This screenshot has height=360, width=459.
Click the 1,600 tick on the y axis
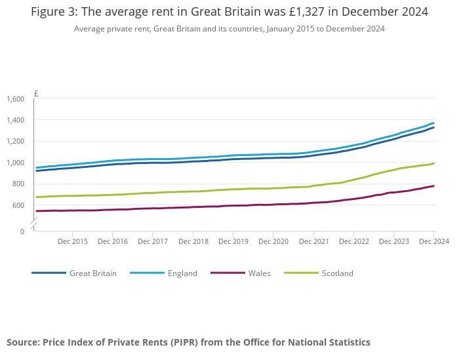(x=15, y=99)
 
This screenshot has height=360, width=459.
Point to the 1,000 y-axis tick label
(x=15, y=163)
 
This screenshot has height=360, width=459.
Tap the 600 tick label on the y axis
(x=18, y=205)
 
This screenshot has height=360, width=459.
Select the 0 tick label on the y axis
(x=22, y=231)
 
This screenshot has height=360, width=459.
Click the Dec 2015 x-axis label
(x=72, y=242)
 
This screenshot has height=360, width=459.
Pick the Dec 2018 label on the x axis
(x=193, y=242)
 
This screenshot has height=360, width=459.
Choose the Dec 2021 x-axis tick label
(x=313, y=242)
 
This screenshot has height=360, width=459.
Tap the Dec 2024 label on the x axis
(x=433, y=242)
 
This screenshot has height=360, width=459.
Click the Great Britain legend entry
(x=92, y=273)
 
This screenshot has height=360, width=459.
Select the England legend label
(x=182, y=273)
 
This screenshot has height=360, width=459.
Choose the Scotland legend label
(x=337, y=273)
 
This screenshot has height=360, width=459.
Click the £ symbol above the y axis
(x=36, y=93)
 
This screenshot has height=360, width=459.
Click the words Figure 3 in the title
(x=53, y=12)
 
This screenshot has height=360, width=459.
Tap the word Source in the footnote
(x=23, y=342)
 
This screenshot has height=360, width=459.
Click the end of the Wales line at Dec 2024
(x=433, y=186)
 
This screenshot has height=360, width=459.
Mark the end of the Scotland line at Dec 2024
(x=433, y=163)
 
